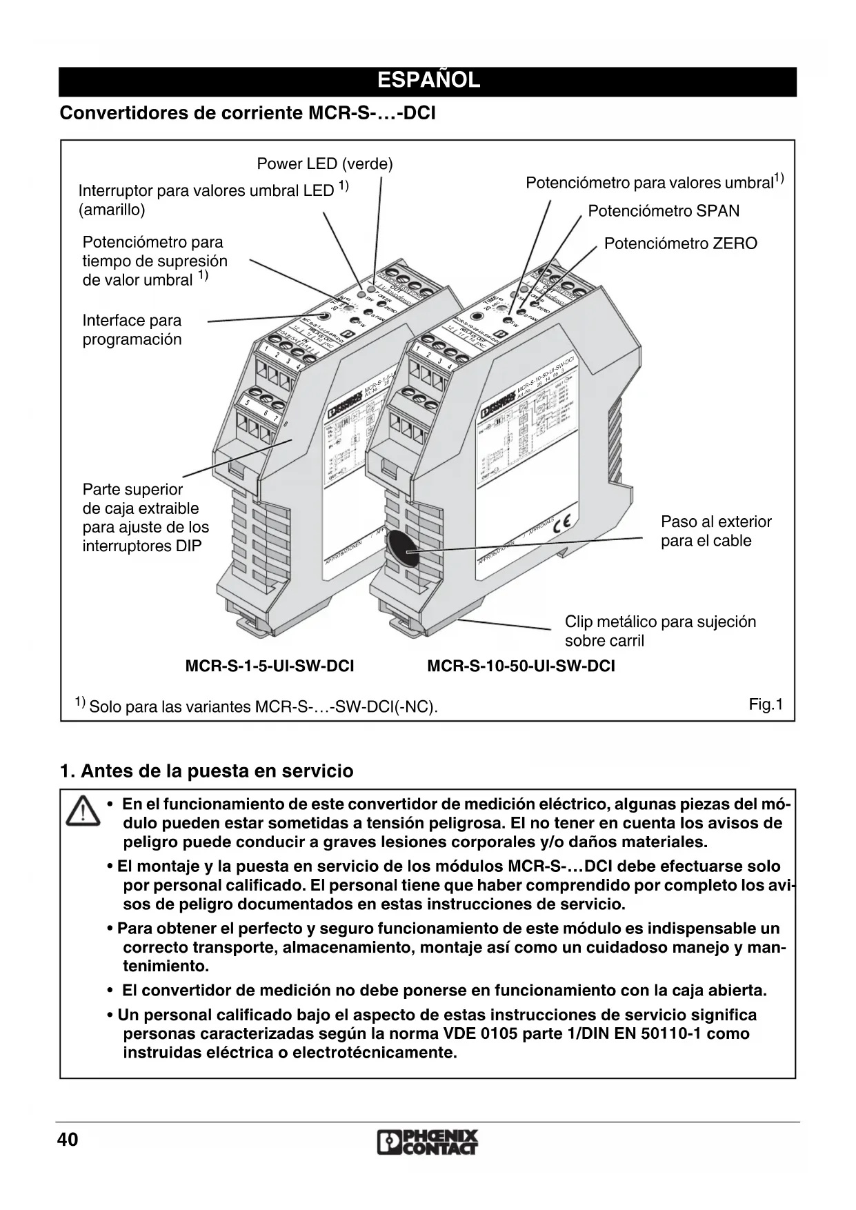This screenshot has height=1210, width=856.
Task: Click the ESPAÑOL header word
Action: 428,81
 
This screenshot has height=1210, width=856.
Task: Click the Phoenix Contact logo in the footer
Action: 428,1142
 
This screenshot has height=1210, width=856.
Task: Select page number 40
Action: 68,1140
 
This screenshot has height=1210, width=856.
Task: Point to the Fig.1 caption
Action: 766,704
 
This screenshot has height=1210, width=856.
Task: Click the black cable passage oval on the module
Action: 401,548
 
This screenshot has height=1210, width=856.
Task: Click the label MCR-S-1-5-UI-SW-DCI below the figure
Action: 270,666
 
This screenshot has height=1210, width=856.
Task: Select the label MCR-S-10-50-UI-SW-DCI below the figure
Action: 521,666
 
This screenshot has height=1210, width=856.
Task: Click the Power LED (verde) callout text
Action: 324,164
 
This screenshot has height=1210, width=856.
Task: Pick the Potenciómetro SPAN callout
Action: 663,211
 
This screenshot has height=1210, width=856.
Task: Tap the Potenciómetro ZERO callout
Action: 680,244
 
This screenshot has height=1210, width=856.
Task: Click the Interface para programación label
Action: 132,330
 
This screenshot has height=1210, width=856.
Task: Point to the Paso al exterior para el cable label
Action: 715,531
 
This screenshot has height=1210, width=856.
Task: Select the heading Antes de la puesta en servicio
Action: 207,771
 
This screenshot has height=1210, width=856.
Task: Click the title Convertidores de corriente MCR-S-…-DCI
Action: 248,113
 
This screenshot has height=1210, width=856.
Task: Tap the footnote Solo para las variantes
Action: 262,707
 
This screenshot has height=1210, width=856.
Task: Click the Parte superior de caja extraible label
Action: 146,517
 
